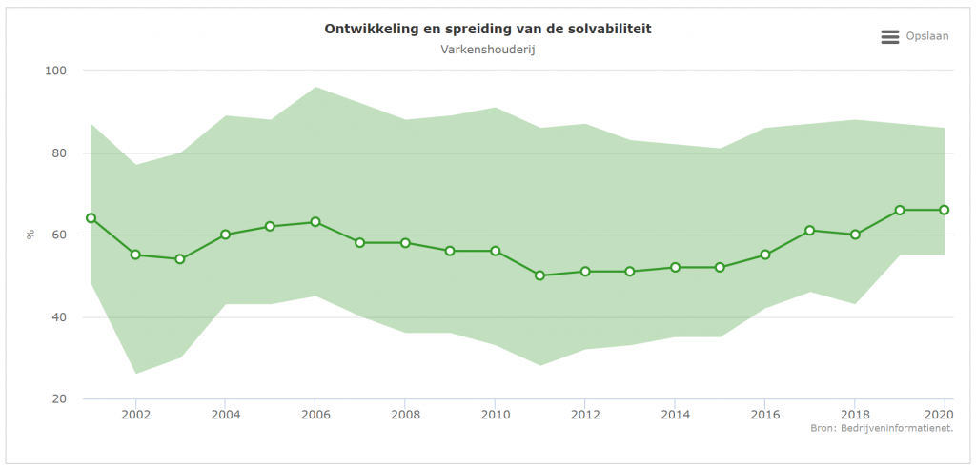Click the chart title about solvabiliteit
pyautogui.click(x=488, y=29)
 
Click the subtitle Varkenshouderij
pyautogui.click(x=488, y=49)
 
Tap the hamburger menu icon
pyautogui.click(x=890, y=36)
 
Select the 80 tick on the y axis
pyautogui.click(x=58, y=153)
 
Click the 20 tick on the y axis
pyautogui.click(x=58, y=398)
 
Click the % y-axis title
pyautogui.click(x=30, y=234)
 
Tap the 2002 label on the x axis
pyautogui.click(x=135, y=416)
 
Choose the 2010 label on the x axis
pyautogui.click(x=495, y=416)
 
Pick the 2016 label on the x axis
pyautogui.click(x=764, y=416)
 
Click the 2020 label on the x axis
pyautogui.click(x=940, y=416)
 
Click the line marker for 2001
pyautogui.click(x=91, y=218)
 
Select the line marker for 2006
pyautogui.click(x=315, y=222)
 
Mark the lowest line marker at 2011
pyautogui.click(x=539, y=275)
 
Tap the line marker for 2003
pyautogui.click(x=180, y=259)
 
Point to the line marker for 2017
pyautogui.click(x=809, y=231)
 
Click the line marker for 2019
pyautogui.click(x=899, y=210)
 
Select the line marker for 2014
pyautogui.click(x=675, y=268)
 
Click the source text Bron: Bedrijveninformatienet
pyautogui.click(x=882, y=429)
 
